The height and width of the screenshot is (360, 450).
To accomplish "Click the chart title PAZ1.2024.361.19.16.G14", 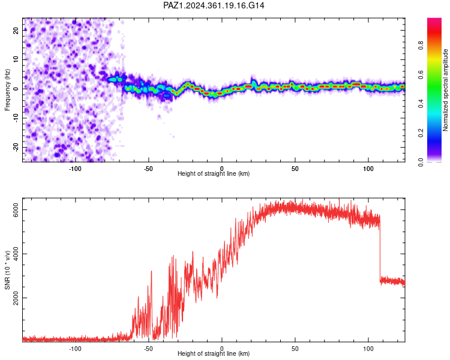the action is [x=214, y=5].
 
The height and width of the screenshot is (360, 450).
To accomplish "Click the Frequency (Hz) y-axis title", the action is [x=7, y=90].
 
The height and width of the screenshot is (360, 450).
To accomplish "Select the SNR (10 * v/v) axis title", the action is [x=7, y=270].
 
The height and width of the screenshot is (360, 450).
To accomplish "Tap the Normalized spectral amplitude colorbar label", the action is [x=445, y=90].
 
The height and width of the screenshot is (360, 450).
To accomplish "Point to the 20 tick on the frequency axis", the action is [x=16, y=30].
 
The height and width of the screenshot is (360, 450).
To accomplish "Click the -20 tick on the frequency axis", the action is [x=16, y=148].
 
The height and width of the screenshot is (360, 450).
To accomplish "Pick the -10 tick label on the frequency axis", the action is [x=16, y=118].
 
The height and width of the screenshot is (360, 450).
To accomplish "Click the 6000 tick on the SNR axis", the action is [x=16, y=210].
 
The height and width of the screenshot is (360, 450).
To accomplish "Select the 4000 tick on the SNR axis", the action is [x=16, y=254].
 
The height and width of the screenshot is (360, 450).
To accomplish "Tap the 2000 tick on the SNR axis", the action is [x=16, y=298].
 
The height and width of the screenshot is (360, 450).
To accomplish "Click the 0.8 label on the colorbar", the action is [x=421, y=45].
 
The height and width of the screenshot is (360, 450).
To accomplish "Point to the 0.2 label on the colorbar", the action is [x=421, y=133].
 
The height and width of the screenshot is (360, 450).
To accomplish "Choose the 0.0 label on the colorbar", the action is [x=421, y=162].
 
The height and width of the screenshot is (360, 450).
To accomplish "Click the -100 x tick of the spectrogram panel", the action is [x=75, y=169].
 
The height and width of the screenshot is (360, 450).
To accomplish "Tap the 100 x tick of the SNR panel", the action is [x=368, y=349].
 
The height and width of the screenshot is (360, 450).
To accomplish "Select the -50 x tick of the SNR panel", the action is [x=148, y=349].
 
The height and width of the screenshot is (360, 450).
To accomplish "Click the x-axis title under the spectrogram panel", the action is [x=214, y=173].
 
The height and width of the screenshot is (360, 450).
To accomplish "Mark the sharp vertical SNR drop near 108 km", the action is [x=380, y=250].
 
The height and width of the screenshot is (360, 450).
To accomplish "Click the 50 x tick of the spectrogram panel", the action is [x=295, y=169].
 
